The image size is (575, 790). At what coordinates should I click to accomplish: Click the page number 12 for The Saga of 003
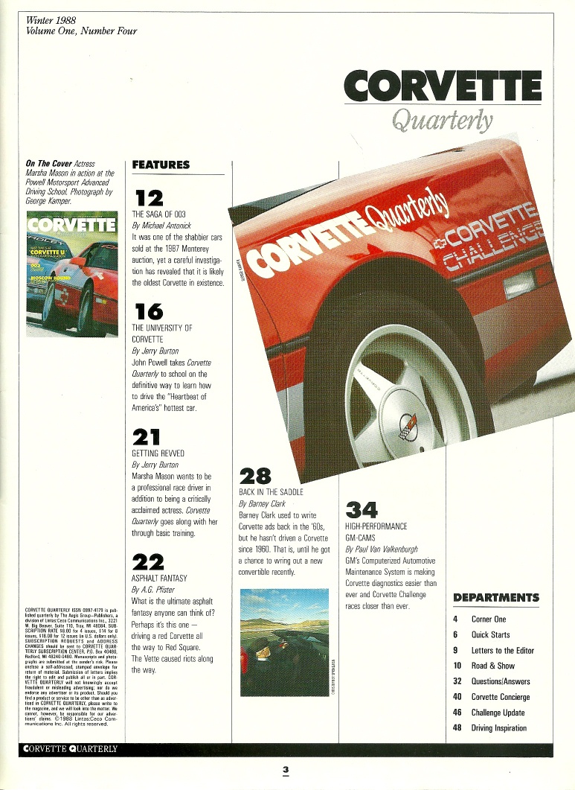pos(148,197)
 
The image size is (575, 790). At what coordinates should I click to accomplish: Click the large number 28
pos(254,474)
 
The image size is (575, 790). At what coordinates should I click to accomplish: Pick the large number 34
pos(362,509)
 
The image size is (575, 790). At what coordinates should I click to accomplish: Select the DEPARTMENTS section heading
pos(496,597)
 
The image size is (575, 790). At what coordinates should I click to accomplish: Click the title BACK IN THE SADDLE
pos(271,491)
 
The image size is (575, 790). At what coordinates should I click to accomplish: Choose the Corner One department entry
pos(489,619)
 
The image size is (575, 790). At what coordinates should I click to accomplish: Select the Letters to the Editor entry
pos(503,650)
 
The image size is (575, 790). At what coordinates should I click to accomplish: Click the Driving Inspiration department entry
pos(499,727)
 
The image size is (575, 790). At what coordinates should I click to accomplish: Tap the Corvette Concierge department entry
pos(501,697)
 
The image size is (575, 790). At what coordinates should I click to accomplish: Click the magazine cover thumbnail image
pos(71,273)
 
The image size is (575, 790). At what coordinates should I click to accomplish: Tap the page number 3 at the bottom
pos(285,771)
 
